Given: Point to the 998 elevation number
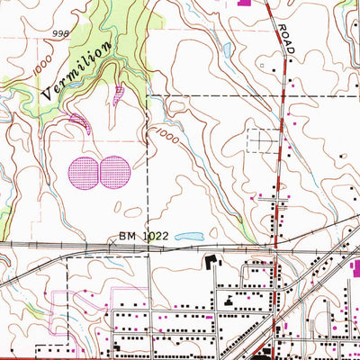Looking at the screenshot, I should [x=60, y=33].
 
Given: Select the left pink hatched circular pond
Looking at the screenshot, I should [x=83, y=171].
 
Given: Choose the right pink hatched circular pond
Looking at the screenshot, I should [x=114, y=171].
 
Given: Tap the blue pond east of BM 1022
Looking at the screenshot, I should [x=190, y=238].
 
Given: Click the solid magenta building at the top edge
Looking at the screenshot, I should [x=244, y=3].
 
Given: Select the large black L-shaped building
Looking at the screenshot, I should [x=212, y=264].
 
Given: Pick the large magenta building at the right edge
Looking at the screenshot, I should [x=354, y=264].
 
